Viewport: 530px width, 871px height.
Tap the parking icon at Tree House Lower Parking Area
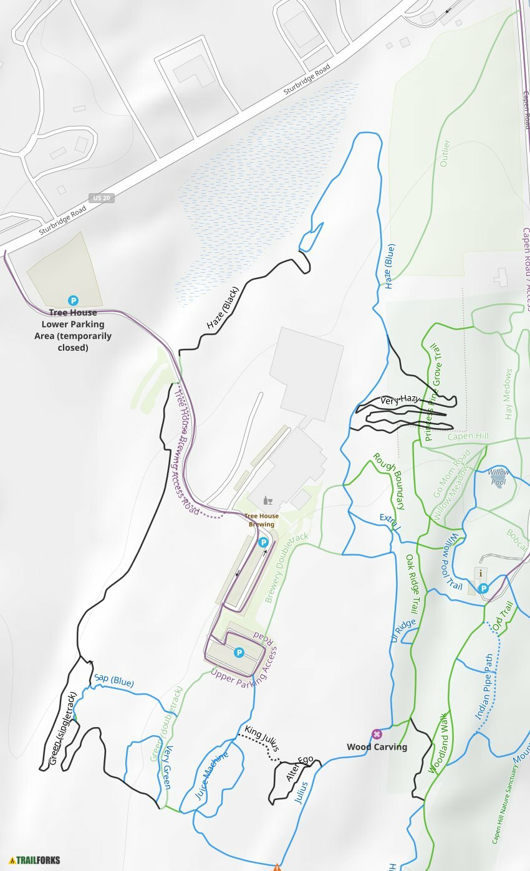click(73, 300)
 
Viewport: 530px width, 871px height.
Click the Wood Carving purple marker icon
click(377, 734)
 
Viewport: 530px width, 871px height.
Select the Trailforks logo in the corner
click(35, 860)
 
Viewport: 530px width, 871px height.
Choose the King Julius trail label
click(261, 738)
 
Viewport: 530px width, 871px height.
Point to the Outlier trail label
click(445, 153)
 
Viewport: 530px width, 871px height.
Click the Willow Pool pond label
click(498, 477)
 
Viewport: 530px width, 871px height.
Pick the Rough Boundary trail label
click(389, 481)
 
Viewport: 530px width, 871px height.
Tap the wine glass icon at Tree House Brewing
click(267, 500)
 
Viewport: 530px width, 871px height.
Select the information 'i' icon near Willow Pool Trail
click(479, 573)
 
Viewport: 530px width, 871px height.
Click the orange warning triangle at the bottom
click(277, 867)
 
